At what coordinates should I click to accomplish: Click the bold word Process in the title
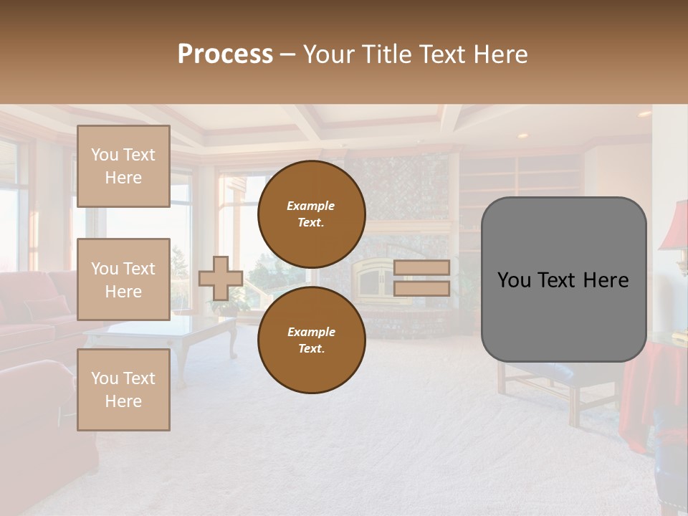pos(225,54)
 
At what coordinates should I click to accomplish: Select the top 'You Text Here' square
pos(123,166)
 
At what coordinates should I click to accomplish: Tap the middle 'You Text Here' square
pos(123,279)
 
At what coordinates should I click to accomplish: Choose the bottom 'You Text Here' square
pos(123,390)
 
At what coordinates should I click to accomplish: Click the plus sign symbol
pos(221,278)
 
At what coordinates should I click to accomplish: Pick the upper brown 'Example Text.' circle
pos(311,214)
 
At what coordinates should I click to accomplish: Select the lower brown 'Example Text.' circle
pos(311,340)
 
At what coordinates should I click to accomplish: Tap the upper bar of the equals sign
pos(421,267)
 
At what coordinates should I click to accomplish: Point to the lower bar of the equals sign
pos(421,288)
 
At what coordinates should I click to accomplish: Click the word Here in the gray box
pos(606,279)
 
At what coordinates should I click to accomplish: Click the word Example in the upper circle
pos(311,206)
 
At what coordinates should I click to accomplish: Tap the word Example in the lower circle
pos(311,332)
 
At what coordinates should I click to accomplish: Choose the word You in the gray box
pos(514,279)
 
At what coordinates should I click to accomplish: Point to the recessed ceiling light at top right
pos(644,114)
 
